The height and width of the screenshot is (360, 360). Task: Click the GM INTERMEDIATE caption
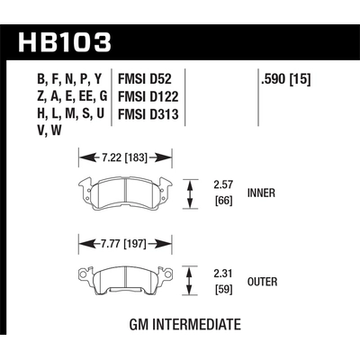pos(181,325)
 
